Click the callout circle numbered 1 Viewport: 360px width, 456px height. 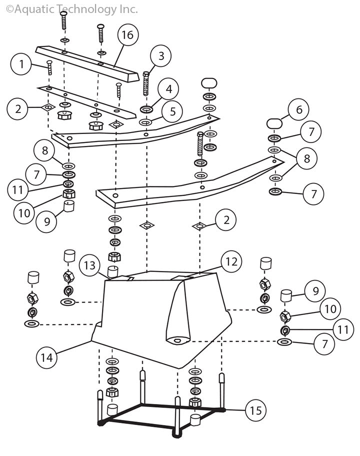click(x=21, y=64)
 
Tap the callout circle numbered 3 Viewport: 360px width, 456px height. click(x=161, y=56)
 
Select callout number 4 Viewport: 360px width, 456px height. click(x=168, y=89)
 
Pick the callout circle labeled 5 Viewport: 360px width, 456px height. click(x=172, y=111)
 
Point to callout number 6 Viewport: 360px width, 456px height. click(x=299, y=109)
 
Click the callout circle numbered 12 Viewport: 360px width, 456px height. click(x=231, y=261)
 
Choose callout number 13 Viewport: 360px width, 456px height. click(x=89, y=265)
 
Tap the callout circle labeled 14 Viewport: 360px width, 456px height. click(x=46, y=357)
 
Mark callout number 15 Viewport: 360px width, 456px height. click(x=255, y=410)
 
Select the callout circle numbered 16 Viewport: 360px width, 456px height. click(x=127, y=35)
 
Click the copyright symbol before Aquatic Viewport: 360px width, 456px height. click(x=9, y=9)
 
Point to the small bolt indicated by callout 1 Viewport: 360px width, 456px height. click(x=49, y=67)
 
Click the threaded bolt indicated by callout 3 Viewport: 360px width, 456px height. click(x=146, y=83)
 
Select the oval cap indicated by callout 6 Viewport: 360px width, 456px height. click(x=274, y=122)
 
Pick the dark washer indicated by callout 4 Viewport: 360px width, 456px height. click(x=146, y=109)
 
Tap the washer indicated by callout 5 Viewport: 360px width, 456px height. click(x=145, y=122)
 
